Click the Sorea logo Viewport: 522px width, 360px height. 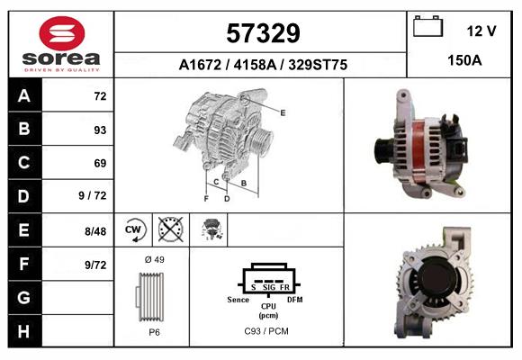pyautogui.click(x=61, y=43)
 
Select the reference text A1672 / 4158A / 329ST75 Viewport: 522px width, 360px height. pyautogui.click(x=263, y=65)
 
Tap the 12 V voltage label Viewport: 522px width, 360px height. pyautogui.click(x=481, y=31)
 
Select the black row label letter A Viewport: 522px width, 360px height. pyautogui.click(x=23, y=95)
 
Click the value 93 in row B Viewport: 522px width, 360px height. pyautogui.click(x=99, y=130)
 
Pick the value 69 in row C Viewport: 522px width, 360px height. pyautogui.click(x=99, y=164)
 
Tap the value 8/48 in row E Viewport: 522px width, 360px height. pyautogui.click(x=94, y=231)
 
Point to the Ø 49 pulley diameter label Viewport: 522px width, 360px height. pyautogui.click(x=153, y=259)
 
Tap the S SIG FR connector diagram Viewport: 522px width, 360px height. pyautogui.click(x=268, y=281)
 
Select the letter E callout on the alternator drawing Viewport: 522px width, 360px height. pyautogui.click(x=283, y=112)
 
